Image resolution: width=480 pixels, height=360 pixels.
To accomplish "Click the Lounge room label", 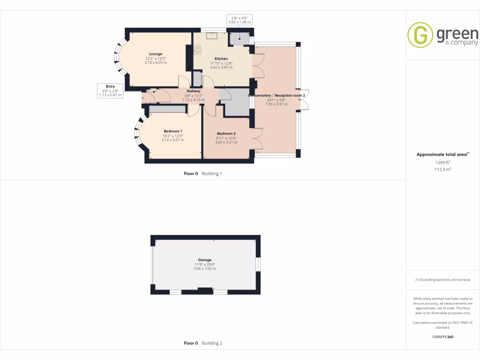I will pyautogui.click(x=156, y=54).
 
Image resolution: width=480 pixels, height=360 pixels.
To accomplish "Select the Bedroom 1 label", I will pyautogui.click(x=172, y=131).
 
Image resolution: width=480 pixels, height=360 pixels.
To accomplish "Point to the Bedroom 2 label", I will pyautogui.click(x=225, y=133).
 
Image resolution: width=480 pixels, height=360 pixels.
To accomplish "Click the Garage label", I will pyautogui.click(x=204, y=260).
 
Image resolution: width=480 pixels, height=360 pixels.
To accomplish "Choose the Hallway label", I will pyautogui.click(x=194, y=91).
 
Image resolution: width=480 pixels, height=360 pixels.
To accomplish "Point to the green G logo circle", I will pyautogui.click(x=420, y=35).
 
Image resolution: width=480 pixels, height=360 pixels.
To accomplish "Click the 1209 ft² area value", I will pyautogui.click(x=442, y=162).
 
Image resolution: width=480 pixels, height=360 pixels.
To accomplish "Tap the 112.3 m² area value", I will pyautogui.click(x=442, y=170).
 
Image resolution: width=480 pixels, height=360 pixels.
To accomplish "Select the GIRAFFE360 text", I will pyautogui.click(x=442, y=337).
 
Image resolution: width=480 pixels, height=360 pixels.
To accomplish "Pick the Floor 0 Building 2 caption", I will pyautogui.click(x=202, y=343).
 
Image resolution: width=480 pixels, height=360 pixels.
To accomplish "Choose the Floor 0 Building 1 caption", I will pyautogui.click(x=202, y=173).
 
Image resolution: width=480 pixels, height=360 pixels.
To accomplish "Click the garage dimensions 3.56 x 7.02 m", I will pyautogui.click(x=204, y=269).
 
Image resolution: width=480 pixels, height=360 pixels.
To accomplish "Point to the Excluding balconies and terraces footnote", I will pyautogui.click(x=442, y=280).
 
